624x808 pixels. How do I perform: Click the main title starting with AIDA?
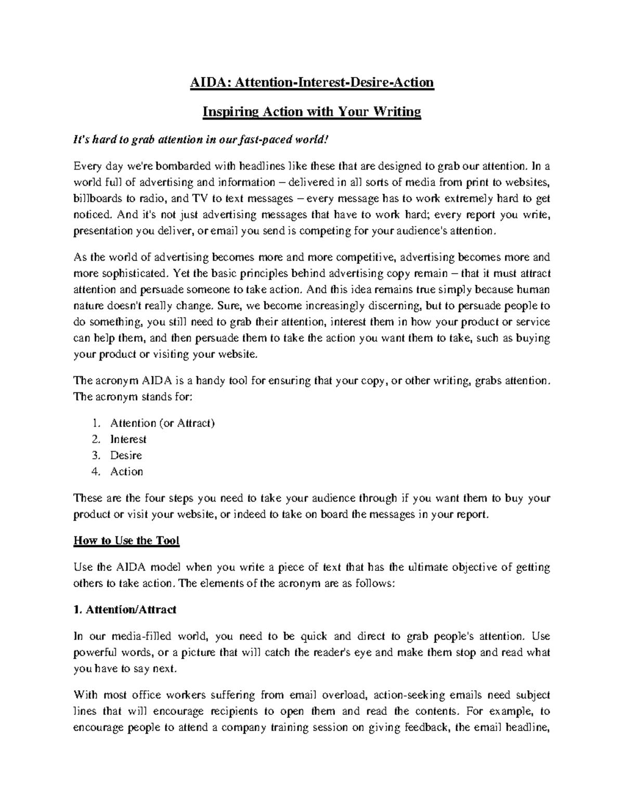(311, 82)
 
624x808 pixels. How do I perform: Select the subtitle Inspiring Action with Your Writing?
(311, 112)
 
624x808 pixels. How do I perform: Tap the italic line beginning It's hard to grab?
(201, 140)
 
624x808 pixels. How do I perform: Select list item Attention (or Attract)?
(162, 423)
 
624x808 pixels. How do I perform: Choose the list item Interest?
(128, 439)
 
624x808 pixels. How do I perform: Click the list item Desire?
(126, 455)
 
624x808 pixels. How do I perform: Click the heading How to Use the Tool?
(126, 541)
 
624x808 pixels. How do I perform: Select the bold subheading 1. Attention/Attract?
(125, 610)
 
